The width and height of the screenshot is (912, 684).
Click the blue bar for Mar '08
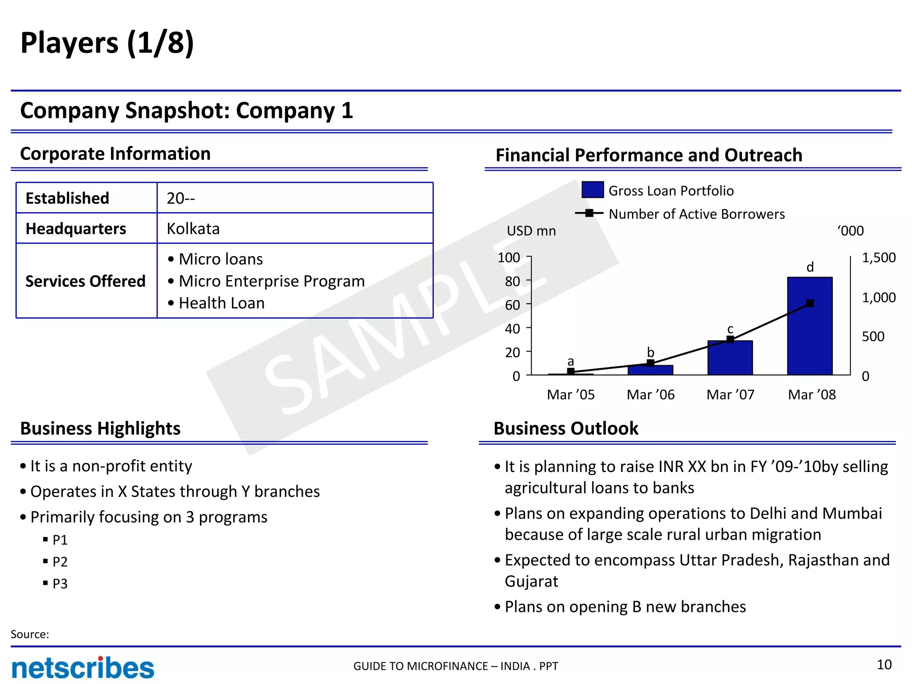(810, 338)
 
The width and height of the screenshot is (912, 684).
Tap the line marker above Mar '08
(810, 303)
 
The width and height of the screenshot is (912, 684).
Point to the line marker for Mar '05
(570, 371)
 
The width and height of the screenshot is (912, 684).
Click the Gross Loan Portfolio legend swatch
(592, 190)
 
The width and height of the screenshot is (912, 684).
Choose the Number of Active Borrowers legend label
(696, 214)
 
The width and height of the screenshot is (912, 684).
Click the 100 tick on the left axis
(509, 258)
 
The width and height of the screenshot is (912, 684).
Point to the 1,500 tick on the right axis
(879, 258)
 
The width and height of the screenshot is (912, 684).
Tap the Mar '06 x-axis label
(650, 395)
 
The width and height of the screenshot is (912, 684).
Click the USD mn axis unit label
(531, 231)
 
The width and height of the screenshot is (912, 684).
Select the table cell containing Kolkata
(295, 228)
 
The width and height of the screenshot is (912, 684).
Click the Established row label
(68, 198)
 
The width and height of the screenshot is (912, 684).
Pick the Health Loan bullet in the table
(221, 303)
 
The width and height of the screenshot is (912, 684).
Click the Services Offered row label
(85, 281)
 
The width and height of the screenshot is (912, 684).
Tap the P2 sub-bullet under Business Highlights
(60, 562)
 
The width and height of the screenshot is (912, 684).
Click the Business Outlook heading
(566, 428)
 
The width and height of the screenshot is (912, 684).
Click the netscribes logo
(83, 668)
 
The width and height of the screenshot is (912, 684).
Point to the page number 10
(884, 665)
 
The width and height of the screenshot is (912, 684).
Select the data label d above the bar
(810, 267)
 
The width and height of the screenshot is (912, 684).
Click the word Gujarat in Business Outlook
(531, 582)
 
